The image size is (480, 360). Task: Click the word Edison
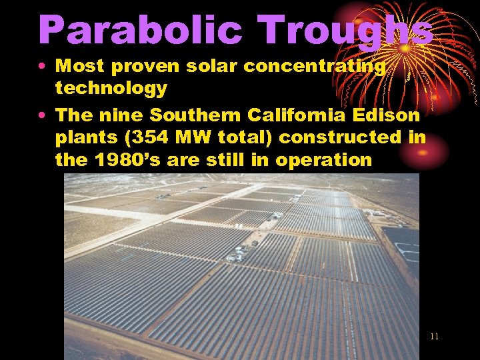click(x=390, y=116)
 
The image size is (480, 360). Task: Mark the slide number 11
click(x=434, y=337)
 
